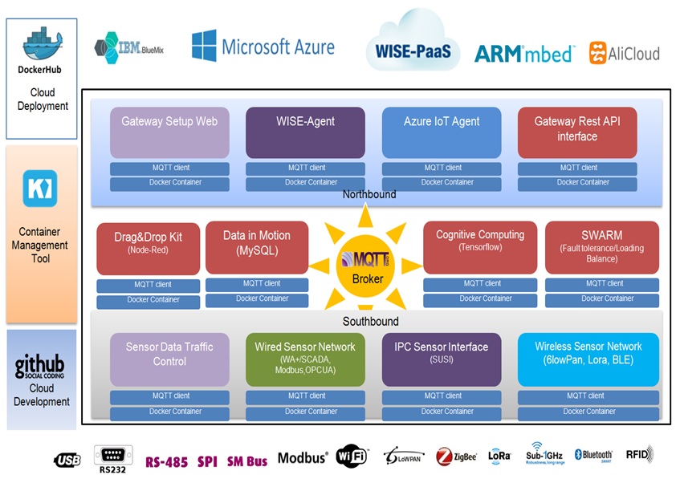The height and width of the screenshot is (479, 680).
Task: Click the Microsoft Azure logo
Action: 263,47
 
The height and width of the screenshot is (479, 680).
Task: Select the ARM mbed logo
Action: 523,54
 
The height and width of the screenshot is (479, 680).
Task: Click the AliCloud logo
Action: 624,54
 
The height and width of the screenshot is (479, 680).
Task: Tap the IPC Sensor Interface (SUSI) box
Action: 441,359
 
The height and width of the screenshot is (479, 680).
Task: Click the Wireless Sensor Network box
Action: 588,359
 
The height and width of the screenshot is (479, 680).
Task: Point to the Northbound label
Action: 369,194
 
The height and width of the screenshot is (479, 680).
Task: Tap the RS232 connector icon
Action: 112,456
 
